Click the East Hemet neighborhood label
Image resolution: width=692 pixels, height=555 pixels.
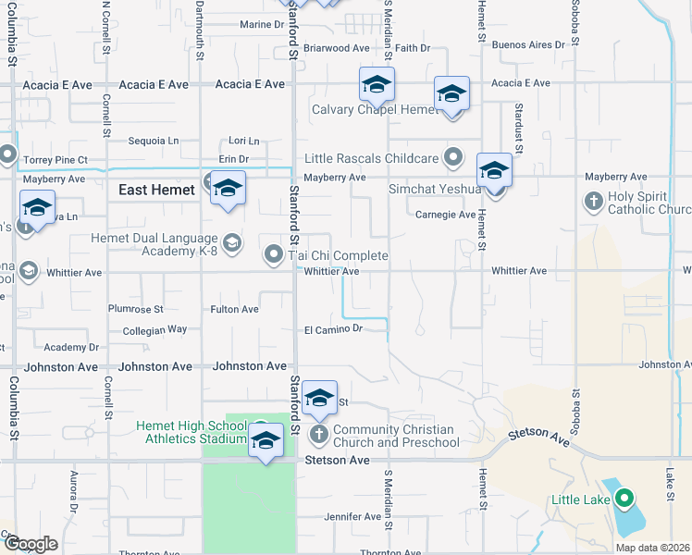click(156, 190)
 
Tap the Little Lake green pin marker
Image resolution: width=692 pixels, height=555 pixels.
click(624, 499)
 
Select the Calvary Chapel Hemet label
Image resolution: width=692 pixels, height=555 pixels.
click(374, 109)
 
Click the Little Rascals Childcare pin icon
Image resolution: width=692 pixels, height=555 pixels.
click(453, 157)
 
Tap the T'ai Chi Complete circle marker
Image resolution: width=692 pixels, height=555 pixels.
click(274, 253)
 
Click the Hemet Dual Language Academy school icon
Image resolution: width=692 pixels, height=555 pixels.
click(231, 243)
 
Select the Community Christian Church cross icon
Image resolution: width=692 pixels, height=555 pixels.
click(319, 434)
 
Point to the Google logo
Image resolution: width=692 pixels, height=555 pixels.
click(31, 544)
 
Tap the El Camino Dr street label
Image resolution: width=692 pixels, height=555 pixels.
click(332, 328)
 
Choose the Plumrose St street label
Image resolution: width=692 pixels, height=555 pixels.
click(135, 309)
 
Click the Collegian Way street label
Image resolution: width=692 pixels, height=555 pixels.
click(154, 329)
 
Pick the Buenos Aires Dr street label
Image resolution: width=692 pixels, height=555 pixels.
click(527, 44)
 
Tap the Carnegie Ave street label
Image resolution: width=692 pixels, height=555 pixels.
click(445, 215)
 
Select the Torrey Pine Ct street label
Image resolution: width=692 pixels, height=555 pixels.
click(56, 160)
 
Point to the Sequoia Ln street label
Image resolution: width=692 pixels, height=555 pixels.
click(154, 141)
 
